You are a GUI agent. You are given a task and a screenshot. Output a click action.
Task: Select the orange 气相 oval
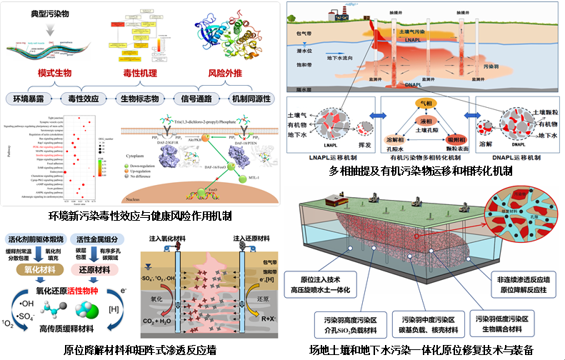point(425,104)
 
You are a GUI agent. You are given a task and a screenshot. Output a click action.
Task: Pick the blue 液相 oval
point(425,122)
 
